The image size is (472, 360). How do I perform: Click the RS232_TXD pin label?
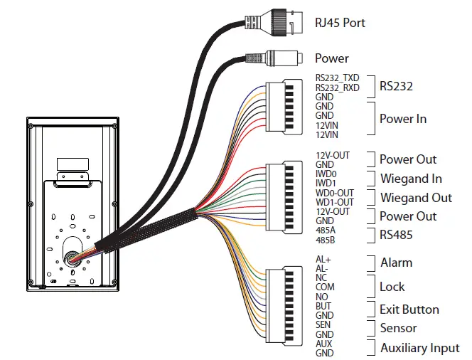tap(337, 78)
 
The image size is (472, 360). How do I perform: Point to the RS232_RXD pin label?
tap(337, 88)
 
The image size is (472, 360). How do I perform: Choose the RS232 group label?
tap(396, 86)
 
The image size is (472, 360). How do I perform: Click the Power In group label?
tap(402, 119)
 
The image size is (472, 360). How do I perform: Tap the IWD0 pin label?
tap(326, 174)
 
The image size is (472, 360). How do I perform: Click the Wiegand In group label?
tap(410, 179)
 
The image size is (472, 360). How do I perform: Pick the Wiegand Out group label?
tap(415, 198)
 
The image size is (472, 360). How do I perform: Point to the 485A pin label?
tap(326, 230)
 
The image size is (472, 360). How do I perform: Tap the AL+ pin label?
tap(323, 260)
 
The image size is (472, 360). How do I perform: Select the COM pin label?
tap(325, 287)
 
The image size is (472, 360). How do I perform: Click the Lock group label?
tap(392, 287)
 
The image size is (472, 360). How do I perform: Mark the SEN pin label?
tap(323, 324)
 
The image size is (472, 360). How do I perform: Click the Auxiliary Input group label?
tap(419, 348)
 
